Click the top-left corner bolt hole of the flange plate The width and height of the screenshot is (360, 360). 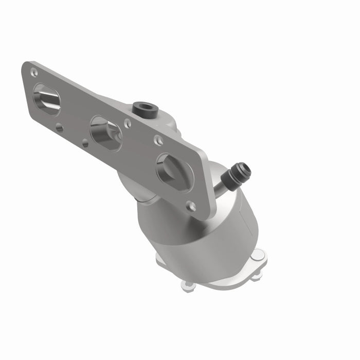(x=33, y=72)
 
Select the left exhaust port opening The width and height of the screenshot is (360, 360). (x=46, y=99)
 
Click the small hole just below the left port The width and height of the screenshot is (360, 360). (x=59, y=128)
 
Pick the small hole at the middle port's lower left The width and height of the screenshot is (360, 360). (x=85, y=144)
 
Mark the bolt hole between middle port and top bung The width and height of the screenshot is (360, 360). (x=127, y=123)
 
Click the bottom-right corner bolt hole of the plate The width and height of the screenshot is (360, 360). (x=191, y=206)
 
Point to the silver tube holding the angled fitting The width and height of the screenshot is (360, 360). (x=225, y=183)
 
